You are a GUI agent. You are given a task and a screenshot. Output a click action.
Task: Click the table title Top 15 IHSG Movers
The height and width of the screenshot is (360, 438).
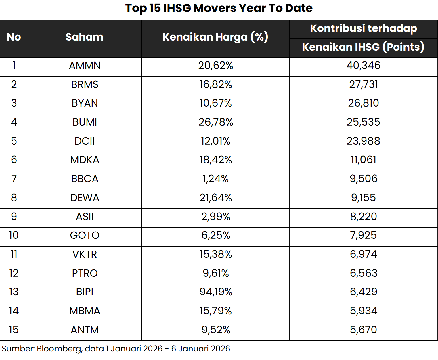(x=219, y=9)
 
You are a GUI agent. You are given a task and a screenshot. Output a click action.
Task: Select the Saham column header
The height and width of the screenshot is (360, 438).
(x=85, y=37)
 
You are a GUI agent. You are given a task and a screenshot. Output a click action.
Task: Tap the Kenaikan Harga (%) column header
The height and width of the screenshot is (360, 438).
(x=215, y=37)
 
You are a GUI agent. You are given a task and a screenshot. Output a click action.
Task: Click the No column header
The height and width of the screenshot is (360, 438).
(x=14, y=37)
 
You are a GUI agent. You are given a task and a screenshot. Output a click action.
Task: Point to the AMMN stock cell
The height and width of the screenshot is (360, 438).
(x=85, y=66)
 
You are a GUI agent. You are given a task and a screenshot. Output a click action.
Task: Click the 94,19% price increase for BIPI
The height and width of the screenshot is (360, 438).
(x=216, y=292)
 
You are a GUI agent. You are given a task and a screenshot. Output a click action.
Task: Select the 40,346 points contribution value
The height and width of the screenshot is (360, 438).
(x=363, y=66)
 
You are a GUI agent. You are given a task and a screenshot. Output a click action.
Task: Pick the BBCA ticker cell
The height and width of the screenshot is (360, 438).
(x=85, y=179)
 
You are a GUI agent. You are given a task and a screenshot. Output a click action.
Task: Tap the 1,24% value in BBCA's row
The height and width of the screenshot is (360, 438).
(x=216, y=179)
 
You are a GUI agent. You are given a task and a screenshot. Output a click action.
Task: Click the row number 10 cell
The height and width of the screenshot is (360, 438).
(x=14, y=235)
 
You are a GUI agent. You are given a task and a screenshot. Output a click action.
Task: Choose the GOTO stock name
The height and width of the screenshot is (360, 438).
(x=85, y=235)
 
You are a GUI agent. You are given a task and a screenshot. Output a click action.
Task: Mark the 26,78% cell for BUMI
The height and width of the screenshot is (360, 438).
(x=216, y=122)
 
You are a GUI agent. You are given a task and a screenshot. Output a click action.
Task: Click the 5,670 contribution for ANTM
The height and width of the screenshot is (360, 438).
(x=363, y=330)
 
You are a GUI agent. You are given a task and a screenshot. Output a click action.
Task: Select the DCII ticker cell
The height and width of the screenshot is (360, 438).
(x=85, y=141)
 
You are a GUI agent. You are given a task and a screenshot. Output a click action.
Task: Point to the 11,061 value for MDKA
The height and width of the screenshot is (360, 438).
(x=363, y=160)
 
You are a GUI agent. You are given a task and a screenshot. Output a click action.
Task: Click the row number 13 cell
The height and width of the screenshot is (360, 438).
(x=14, y=292)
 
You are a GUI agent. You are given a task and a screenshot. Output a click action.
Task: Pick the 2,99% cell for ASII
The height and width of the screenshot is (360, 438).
(x=216, y=217)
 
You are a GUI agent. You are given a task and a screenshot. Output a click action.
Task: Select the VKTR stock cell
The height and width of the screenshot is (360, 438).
(x=85, y=254)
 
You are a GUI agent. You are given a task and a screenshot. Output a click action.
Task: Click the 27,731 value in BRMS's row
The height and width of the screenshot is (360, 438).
(x=363, y=84)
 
